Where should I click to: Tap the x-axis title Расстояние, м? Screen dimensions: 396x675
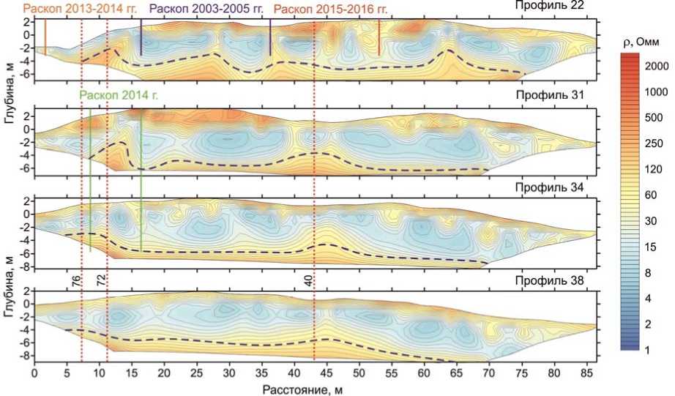(x=313, y=388)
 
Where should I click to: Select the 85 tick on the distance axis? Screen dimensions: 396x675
(x=586, y=373)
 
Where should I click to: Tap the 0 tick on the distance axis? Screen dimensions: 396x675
(x=34, y=373)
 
